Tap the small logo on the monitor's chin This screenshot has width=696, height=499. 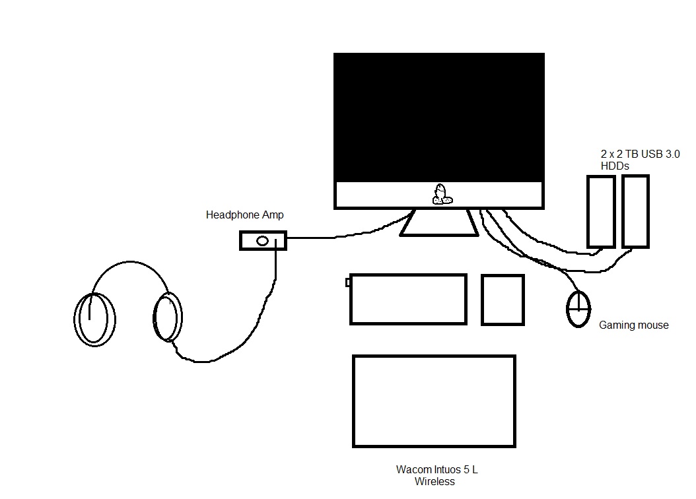pos(442,193)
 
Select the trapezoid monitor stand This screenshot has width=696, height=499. pos(438,224)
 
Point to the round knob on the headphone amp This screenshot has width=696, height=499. pos(263,241)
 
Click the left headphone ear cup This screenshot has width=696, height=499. pos(93,319)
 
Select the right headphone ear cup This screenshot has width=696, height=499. pos(168,316)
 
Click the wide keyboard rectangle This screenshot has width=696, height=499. pos(407,299)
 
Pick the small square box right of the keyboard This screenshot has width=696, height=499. pos(503,300)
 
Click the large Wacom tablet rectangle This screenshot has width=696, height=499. pos(434,401)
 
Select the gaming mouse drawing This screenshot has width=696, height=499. pos(578,308)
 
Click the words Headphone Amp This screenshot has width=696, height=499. pos(244,215)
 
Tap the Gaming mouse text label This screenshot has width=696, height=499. pos(633,325)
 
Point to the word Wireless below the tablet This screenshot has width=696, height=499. pos(435,481)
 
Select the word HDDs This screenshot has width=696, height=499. pos(614,166)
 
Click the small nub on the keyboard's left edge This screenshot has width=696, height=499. pos(348,283)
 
